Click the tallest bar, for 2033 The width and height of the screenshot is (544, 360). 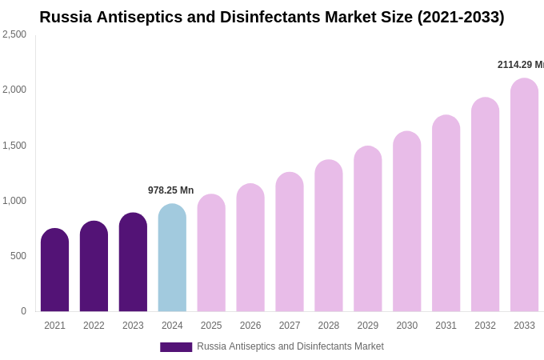(x=524, y=195)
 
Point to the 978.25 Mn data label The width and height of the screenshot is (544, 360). (x=170, y=190)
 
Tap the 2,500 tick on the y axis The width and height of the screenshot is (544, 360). (x=14, y=34)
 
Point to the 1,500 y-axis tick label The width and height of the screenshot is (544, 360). (x=14, y=146)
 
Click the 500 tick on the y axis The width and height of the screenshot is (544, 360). (x=18, y=256)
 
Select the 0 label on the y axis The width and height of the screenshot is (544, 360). (x=23, y=311)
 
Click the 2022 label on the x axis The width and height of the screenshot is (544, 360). (x=94, y=326)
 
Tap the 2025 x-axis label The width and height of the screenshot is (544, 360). (x=211, y=326)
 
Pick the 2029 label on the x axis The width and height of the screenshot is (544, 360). (x=367, y=326)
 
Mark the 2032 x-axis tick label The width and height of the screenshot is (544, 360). (x=485, y=326)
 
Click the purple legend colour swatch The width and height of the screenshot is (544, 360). (x=176, y=347)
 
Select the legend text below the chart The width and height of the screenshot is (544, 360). (x=290, y=346)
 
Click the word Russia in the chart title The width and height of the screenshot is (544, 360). (x=66, y=17)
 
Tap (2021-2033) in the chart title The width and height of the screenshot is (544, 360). (x=460, y=17)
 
